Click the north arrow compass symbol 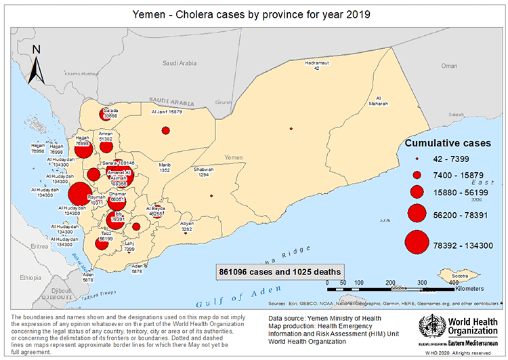(x=38, y=63)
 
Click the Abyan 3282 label (x=187, y=226)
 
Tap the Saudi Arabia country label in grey (x=179, y=63)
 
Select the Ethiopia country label (x=30, y=277)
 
